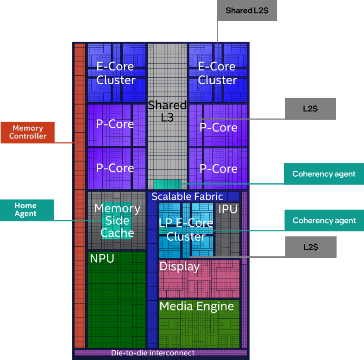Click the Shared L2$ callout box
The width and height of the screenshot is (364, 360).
[247, 11]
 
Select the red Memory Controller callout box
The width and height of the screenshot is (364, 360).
[27, 132]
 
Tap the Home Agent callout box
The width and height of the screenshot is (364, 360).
[27, 210]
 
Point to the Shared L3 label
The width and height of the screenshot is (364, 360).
[167, 111]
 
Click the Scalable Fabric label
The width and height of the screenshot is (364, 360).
[187, 197]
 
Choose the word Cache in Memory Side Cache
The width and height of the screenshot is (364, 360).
[117, 233]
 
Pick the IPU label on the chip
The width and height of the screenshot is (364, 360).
[228, 210]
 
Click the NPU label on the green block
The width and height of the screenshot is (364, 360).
[102, 259]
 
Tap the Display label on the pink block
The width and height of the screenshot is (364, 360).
[179, 267]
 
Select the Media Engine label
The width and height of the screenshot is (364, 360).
[196, 306]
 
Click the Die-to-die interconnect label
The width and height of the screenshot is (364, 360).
[152, 353]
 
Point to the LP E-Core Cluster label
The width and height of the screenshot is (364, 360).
[186, 230]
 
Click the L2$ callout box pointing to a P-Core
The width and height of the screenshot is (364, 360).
[310, 109]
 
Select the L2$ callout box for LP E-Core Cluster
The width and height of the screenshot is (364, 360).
[310, 247]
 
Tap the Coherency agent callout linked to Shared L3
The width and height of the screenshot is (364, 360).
[324, 174]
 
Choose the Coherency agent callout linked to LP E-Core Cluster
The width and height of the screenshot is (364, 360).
[324, 221]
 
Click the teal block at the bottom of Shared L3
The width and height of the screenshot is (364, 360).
[167, 184]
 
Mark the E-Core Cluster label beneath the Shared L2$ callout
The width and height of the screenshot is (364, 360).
[217, 73]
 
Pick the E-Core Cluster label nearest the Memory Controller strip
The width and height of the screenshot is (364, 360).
[116, 73]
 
